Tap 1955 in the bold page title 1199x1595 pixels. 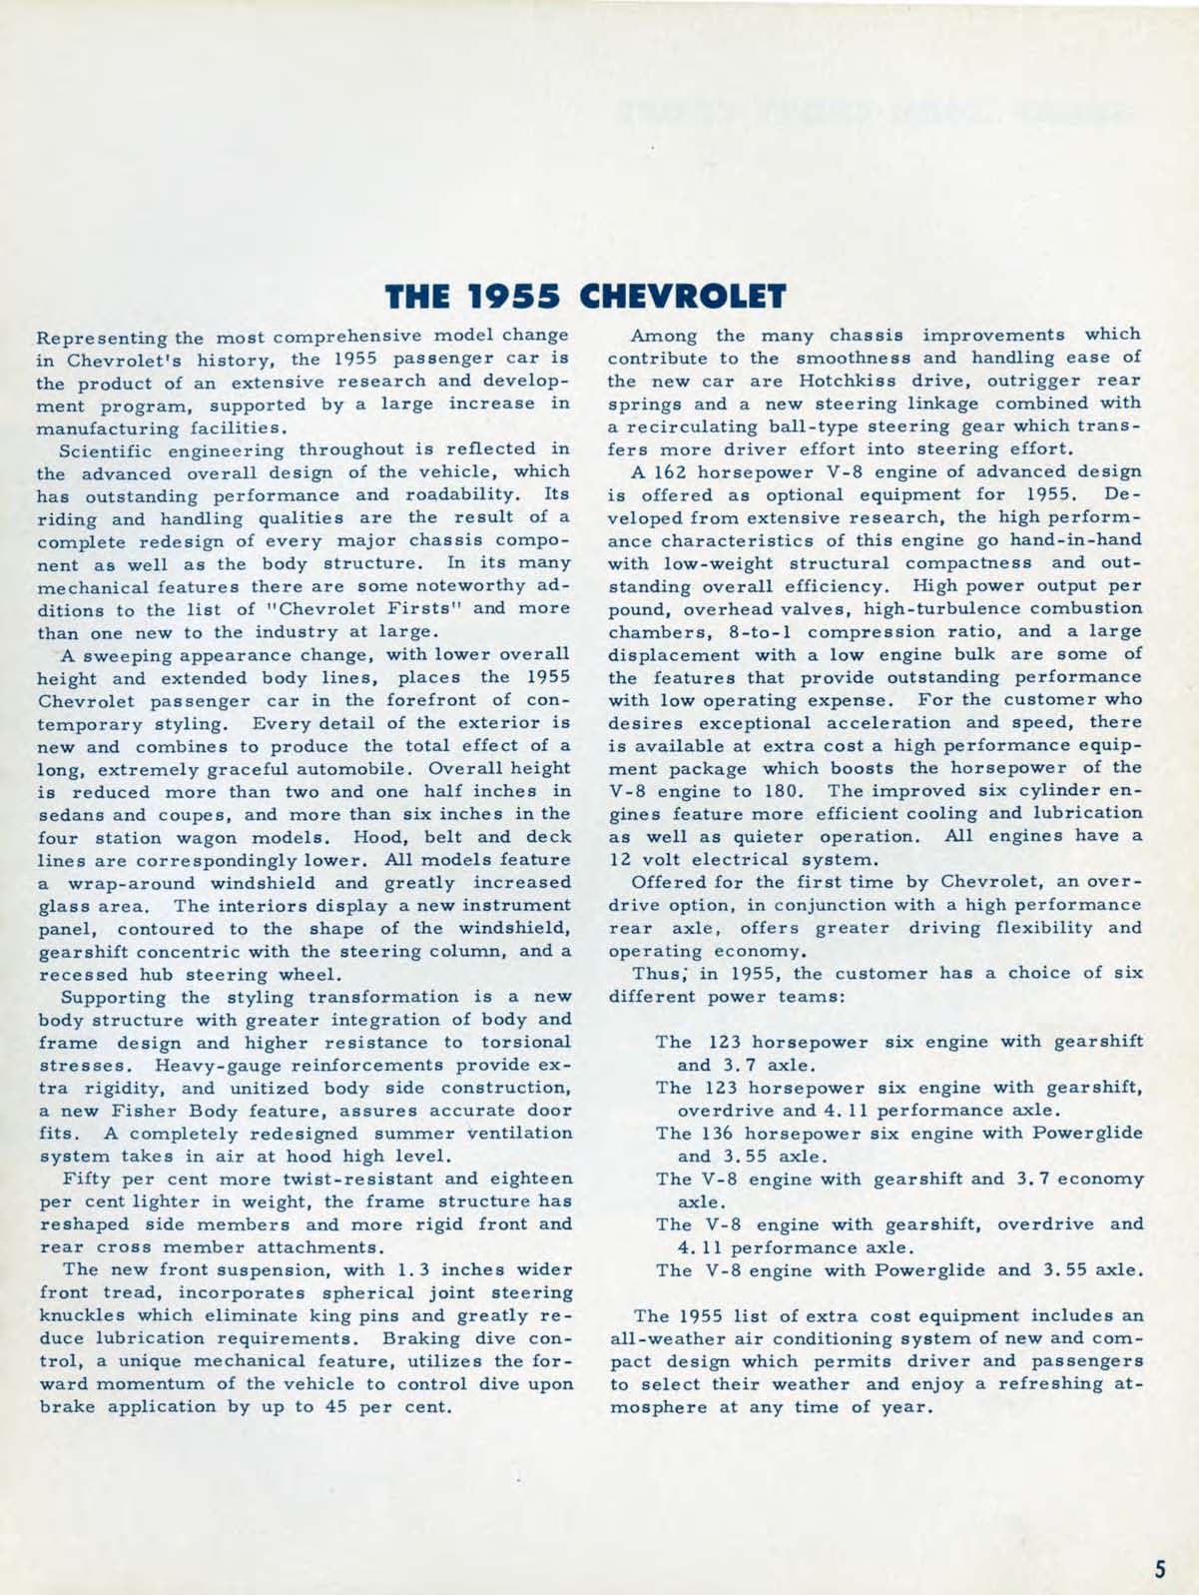[x=521, y=298]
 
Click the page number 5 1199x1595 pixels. [x=1160, y=1567]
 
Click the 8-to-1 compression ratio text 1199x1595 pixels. [x=761, y=632]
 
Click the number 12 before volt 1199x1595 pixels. [x=620, y=860]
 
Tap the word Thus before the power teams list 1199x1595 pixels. [x=656, y=974]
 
